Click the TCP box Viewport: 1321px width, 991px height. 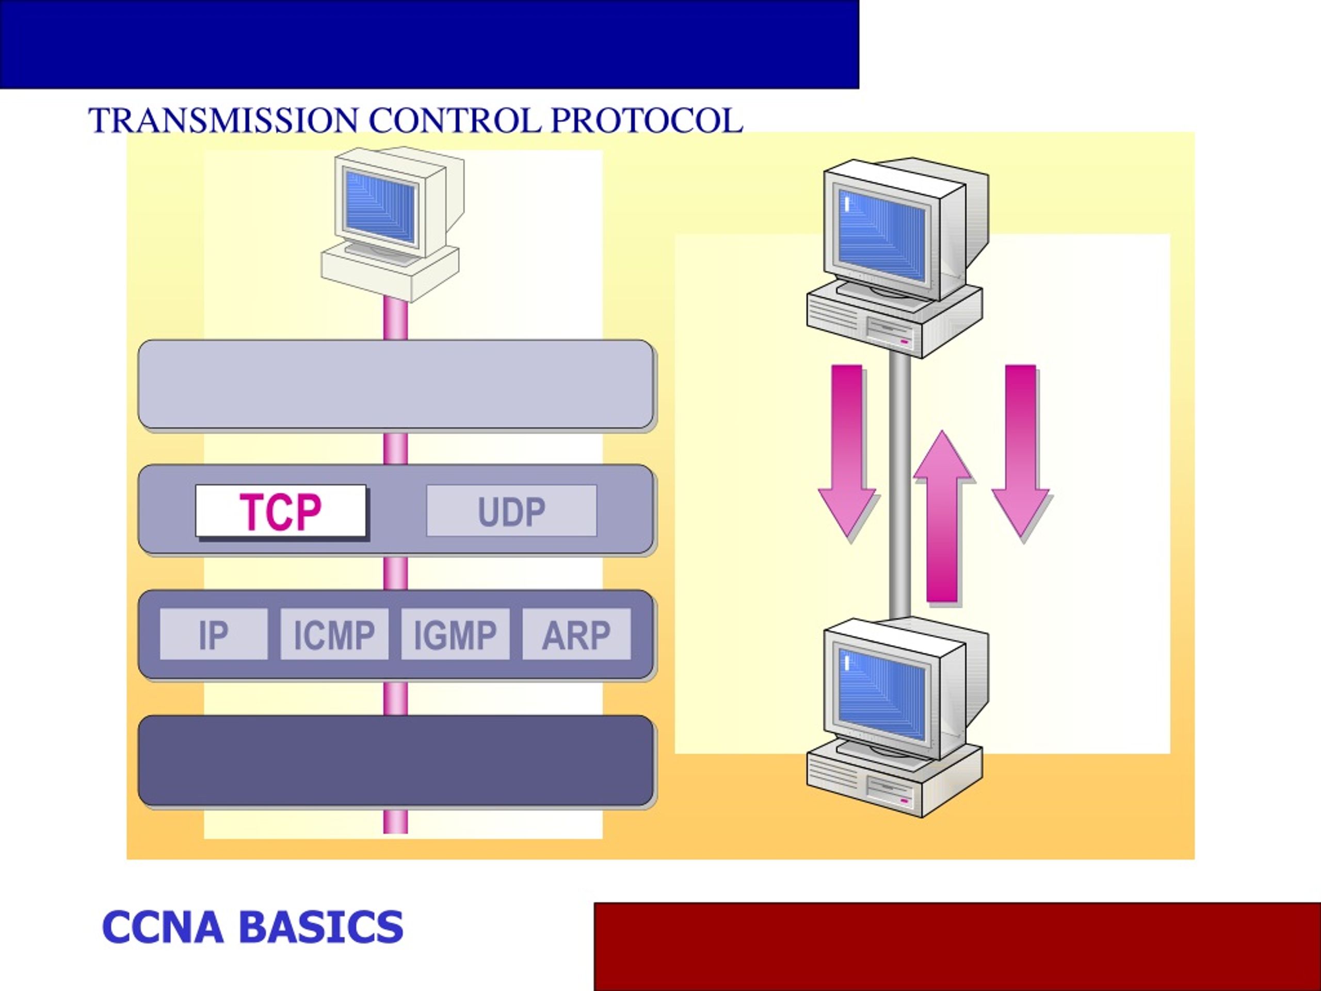coord(281,511)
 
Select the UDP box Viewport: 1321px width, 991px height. coord(512,511)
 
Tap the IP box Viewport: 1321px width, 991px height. coord(214,634)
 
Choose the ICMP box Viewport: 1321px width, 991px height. coord(334,634)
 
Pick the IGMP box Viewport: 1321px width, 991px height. coord(455,634)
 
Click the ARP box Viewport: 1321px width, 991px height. coord(576,634)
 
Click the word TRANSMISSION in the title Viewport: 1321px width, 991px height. coord(223,121)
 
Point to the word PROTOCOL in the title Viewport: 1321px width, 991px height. coord(647,121)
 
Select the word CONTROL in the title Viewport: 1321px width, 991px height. coord(455,121)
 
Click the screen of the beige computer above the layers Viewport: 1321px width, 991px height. coord(381,206)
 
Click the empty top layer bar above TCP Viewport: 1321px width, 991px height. coord(396,385)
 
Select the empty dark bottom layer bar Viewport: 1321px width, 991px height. coord(396,760)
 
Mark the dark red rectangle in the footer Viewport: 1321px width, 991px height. coord(957,947)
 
